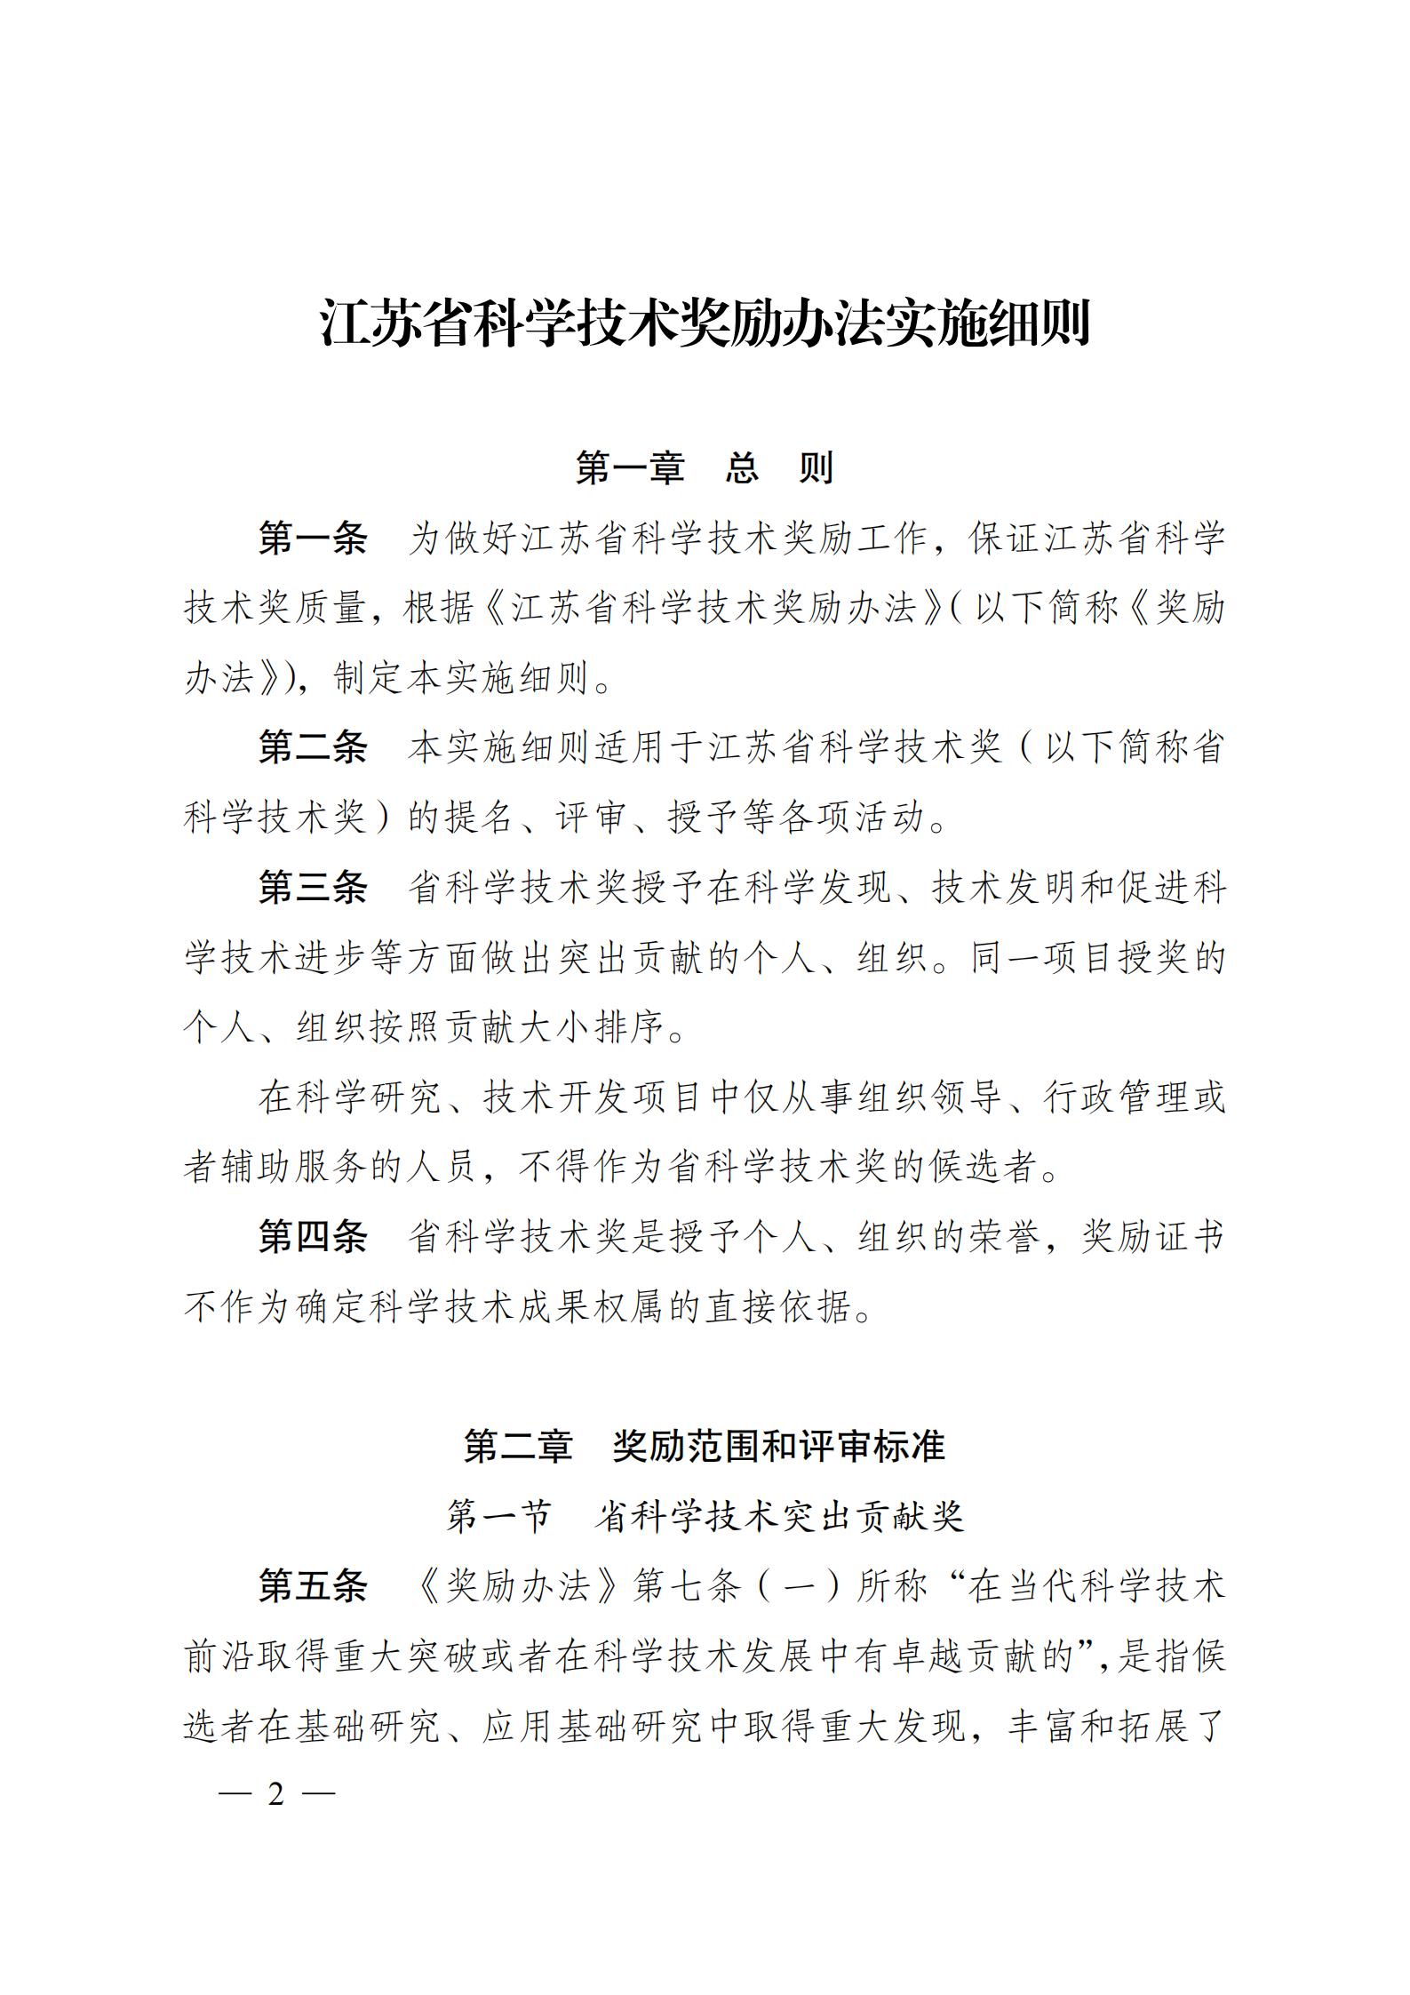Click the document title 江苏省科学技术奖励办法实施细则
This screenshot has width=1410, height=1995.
705,324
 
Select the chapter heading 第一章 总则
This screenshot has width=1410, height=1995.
705,467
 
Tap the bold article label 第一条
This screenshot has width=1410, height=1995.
313,539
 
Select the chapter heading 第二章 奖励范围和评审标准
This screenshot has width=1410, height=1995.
705,1447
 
